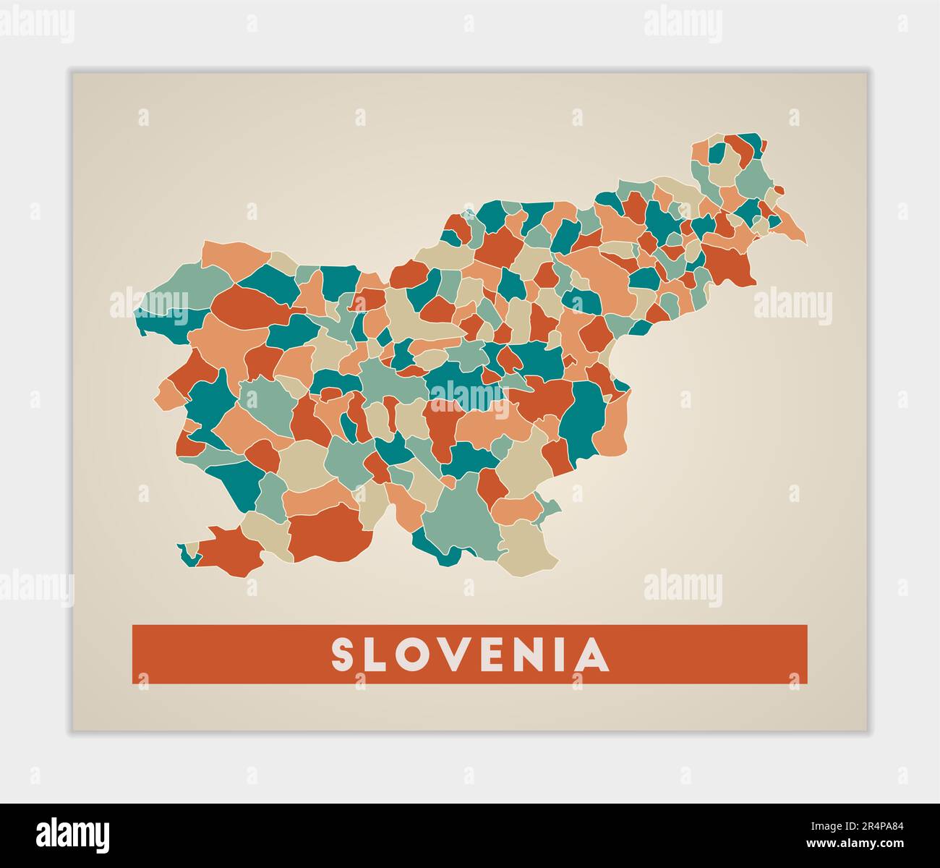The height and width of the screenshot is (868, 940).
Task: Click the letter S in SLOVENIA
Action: coord(343,655)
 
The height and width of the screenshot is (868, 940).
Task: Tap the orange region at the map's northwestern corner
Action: coord(235,253)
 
